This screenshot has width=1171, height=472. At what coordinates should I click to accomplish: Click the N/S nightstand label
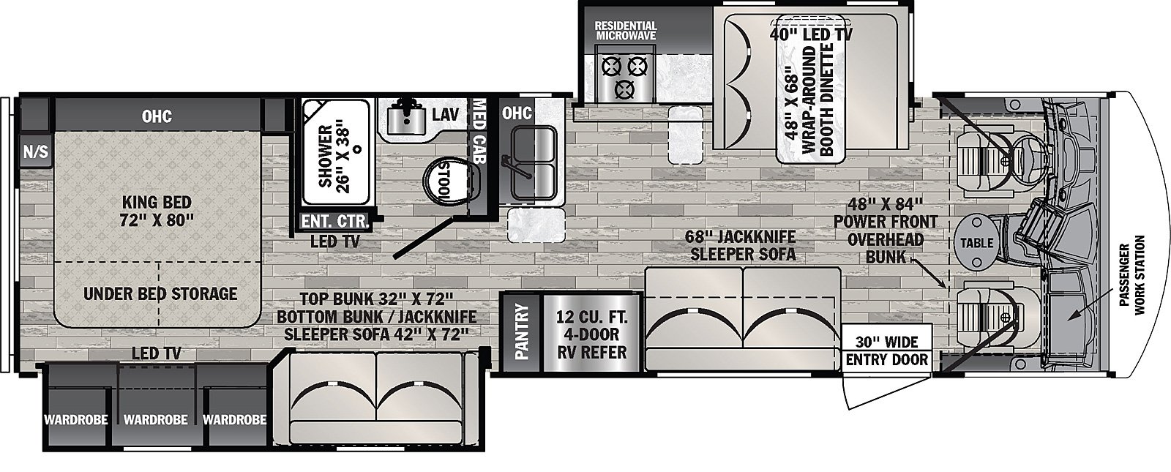35,151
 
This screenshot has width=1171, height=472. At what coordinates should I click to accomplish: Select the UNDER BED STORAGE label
160,294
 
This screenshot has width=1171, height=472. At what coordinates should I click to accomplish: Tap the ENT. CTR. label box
335,220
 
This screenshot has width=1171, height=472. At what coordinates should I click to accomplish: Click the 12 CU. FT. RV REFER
592,333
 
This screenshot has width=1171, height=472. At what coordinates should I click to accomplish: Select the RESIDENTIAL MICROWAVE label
626,30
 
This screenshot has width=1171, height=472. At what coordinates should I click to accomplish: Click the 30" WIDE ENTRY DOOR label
886,351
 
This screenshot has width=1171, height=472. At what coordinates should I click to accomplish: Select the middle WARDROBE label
155,420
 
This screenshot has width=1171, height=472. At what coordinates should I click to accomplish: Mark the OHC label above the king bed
157,116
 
